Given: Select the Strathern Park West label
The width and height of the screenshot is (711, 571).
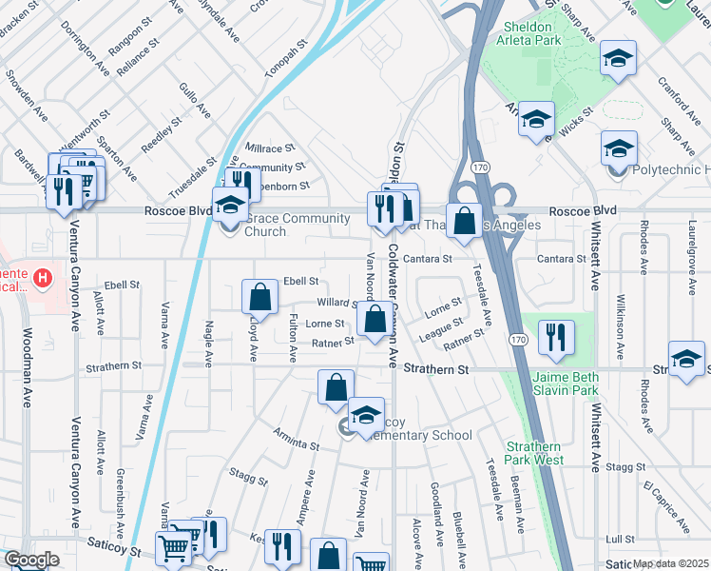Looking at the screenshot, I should [561, 453].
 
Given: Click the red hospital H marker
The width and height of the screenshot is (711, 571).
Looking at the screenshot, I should [42, 279].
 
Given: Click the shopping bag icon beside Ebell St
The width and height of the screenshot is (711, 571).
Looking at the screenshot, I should [259, 297].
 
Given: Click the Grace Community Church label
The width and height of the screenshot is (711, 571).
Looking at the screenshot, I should [292, 225].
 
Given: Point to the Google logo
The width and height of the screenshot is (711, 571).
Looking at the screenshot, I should [31, 560].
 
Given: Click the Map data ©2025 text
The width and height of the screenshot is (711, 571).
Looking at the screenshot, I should [671, 563].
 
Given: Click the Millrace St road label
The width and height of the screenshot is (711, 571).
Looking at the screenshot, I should [264, 149].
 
